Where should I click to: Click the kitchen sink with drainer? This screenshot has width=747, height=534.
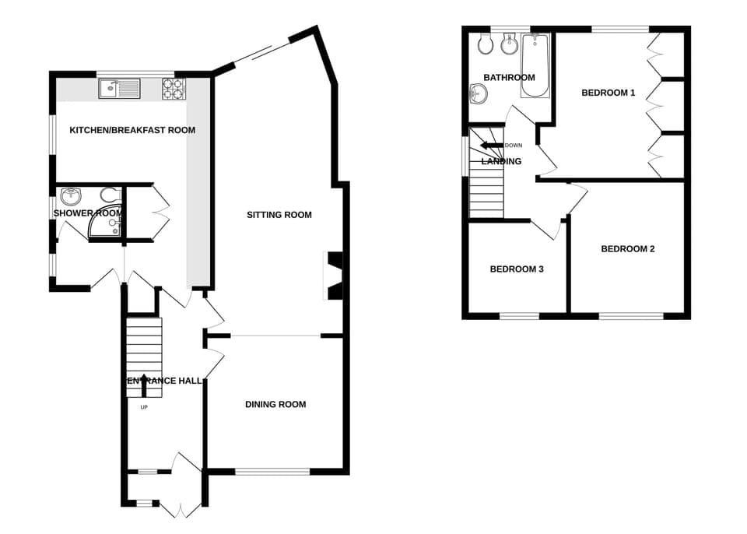point(119,89)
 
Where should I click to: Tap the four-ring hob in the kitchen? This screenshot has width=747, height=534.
point(172,89)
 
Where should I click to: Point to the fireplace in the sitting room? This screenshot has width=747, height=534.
point(333,276)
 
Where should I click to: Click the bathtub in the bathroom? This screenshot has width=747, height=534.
point(535,66)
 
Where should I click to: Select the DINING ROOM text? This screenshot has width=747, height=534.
point(275,404)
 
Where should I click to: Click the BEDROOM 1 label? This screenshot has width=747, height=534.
point(608,93)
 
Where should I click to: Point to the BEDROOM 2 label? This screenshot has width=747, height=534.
point(628,249)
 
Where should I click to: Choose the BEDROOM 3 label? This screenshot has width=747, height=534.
point(517,269)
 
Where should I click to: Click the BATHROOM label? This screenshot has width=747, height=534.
point(509,78)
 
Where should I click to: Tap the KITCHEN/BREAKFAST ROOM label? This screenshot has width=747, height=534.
point(132,130)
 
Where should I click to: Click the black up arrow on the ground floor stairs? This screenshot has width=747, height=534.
point(142,381)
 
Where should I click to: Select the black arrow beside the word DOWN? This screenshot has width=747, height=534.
point(491,146)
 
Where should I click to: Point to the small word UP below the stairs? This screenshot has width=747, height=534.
point(144,407)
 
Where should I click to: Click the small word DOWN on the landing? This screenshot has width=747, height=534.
point(514,146)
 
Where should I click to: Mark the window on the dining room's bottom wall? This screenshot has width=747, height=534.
point(272,471)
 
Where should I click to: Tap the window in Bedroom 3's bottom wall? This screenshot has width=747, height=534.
point(518,316)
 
